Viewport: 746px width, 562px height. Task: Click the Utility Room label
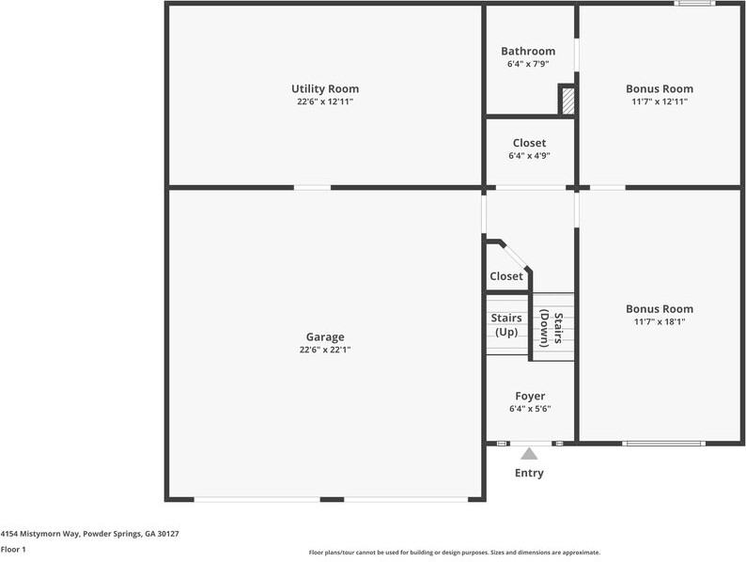(324, 89)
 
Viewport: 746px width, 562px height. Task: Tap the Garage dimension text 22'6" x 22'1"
(324, 350)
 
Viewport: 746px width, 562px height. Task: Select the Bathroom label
(528, 51)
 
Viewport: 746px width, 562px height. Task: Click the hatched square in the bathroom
(567, 101)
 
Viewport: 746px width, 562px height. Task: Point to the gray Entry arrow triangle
(529, 454)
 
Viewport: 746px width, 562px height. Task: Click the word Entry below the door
(529, 473)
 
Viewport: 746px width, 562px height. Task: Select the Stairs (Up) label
(507, 324)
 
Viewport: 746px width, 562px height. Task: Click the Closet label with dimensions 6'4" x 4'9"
(529, 149)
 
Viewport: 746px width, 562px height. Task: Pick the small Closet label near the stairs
(506, 276)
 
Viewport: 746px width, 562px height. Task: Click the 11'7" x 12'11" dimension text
(660, 101)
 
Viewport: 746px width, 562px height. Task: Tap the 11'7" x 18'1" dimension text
(660, 321)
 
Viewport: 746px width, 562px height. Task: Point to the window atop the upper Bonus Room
(695, 4)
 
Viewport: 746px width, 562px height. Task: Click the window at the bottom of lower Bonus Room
(663, 442)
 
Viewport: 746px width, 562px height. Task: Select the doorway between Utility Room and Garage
(312, 187)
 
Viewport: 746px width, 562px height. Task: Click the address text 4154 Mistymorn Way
(90, 534)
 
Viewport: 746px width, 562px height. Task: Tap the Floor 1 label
(13, 549)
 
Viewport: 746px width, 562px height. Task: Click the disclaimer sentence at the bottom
(455, 553)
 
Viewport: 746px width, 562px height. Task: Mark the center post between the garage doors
(332, 499)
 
